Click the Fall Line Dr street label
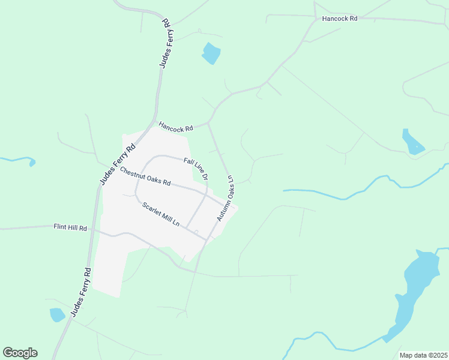pyautogui.click(x=196, y=169)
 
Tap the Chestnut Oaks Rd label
pyautogui.click(x=145, y=176)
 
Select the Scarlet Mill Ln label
pyautogui.click(x=161, y=214)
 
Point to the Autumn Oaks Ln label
pyautogui.click(x=225, y=198)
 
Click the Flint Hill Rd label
pyautogui.click(x=70, y=228)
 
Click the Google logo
pyautogui.click(x=20, y=353)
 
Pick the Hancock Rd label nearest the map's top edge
pyautogui.click(x=340, y=19)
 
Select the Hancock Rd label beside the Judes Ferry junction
pyautogui.click(x=176, y=128)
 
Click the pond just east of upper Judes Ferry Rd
pyautogui.click(x=211, y=53)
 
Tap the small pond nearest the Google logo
pyautogui.click(x=57, y=314)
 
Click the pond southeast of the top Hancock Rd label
pyautogui.click(x=412, y=142)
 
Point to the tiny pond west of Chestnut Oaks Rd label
pyautogui.click(x=32, y=163)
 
